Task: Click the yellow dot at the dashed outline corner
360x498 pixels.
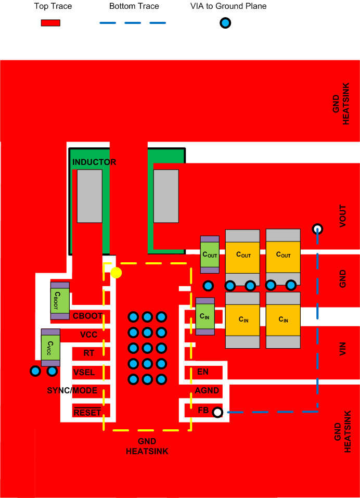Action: point(116,273)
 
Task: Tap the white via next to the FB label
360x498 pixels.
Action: point(217,413)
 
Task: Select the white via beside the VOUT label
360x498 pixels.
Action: point(317,229)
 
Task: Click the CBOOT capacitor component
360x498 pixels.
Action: point(60,301)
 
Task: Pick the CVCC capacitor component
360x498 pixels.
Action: point(51,344)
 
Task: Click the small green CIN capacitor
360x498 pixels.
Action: point(205,316)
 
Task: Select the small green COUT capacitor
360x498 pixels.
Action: point(210,254)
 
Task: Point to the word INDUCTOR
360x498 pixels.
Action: point(94,162)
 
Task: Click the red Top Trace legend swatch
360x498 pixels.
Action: point(50,23)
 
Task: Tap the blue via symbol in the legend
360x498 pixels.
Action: point(225,23)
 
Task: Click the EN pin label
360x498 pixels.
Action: point(203,372)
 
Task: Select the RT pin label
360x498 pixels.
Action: point(89,353)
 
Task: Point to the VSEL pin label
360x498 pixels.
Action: point(84,372)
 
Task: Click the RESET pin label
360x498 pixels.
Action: point(87,413)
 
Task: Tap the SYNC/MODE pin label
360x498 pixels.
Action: point(72,390)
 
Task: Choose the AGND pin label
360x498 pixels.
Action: point(207,390)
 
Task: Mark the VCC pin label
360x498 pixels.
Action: point(88,334)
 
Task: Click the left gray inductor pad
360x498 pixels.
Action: point(89,196)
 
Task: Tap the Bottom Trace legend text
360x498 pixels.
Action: point(134,6)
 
